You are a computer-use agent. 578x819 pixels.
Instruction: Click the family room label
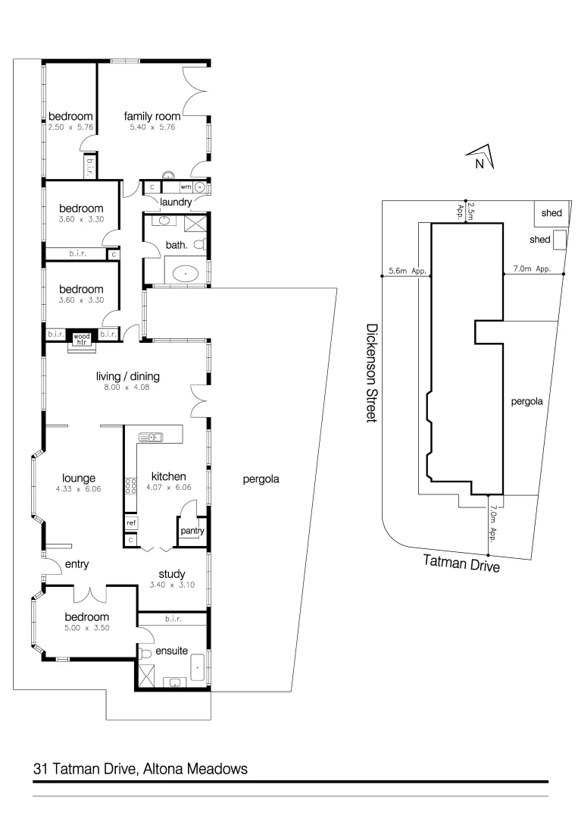pos(152,116)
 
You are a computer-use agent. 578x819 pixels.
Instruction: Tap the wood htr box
pos(81,337)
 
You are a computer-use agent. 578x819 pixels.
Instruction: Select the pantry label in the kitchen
pos(192,531)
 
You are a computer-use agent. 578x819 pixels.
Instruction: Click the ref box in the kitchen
pos(131,522)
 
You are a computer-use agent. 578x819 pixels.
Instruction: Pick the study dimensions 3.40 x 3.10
pos(170,585)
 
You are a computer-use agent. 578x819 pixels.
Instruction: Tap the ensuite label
pos(171,651)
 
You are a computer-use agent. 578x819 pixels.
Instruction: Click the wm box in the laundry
pos(185,187)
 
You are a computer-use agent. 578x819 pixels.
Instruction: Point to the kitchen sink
pos(152,436)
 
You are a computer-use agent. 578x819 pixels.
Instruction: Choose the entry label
pos(77,563)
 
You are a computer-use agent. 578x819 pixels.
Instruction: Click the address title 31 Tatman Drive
pos(141,768)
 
